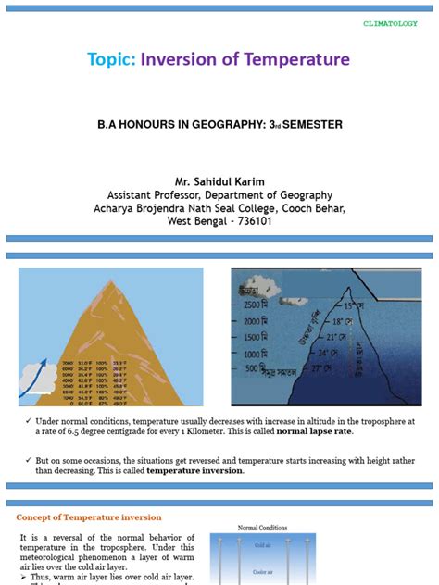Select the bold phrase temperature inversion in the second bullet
click(194, 470)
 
